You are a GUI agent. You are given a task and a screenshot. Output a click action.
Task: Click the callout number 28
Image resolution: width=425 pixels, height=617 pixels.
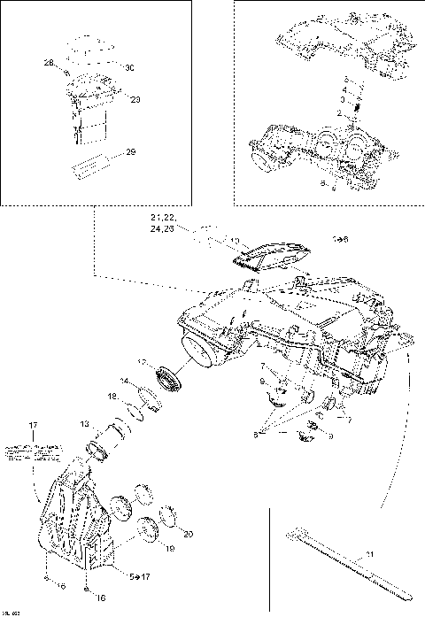[x=48, y=62]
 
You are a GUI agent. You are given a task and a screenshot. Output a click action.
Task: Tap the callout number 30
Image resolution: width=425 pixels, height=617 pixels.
[x=128, y=68]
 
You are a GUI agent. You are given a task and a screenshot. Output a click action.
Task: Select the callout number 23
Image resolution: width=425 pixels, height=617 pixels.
[x=135, y=99]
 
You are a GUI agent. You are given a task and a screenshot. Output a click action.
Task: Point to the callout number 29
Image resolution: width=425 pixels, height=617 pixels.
[x=129, y=153]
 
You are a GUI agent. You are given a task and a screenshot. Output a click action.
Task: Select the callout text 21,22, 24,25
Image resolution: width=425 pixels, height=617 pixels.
[x=164, y=224]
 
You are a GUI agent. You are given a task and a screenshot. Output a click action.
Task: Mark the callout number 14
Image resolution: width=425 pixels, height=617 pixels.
[x=125, y=381]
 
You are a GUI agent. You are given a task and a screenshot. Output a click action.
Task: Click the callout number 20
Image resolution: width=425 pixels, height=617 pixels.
[x=187, y=533]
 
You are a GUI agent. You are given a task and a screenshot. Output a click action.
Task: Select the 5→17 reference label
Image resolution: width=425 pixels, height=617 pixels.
[x=140, y=576]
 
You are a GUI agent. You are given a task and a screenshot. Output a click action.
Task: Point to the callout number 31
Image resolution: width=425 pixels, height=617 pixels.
[x=369, y=555]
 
